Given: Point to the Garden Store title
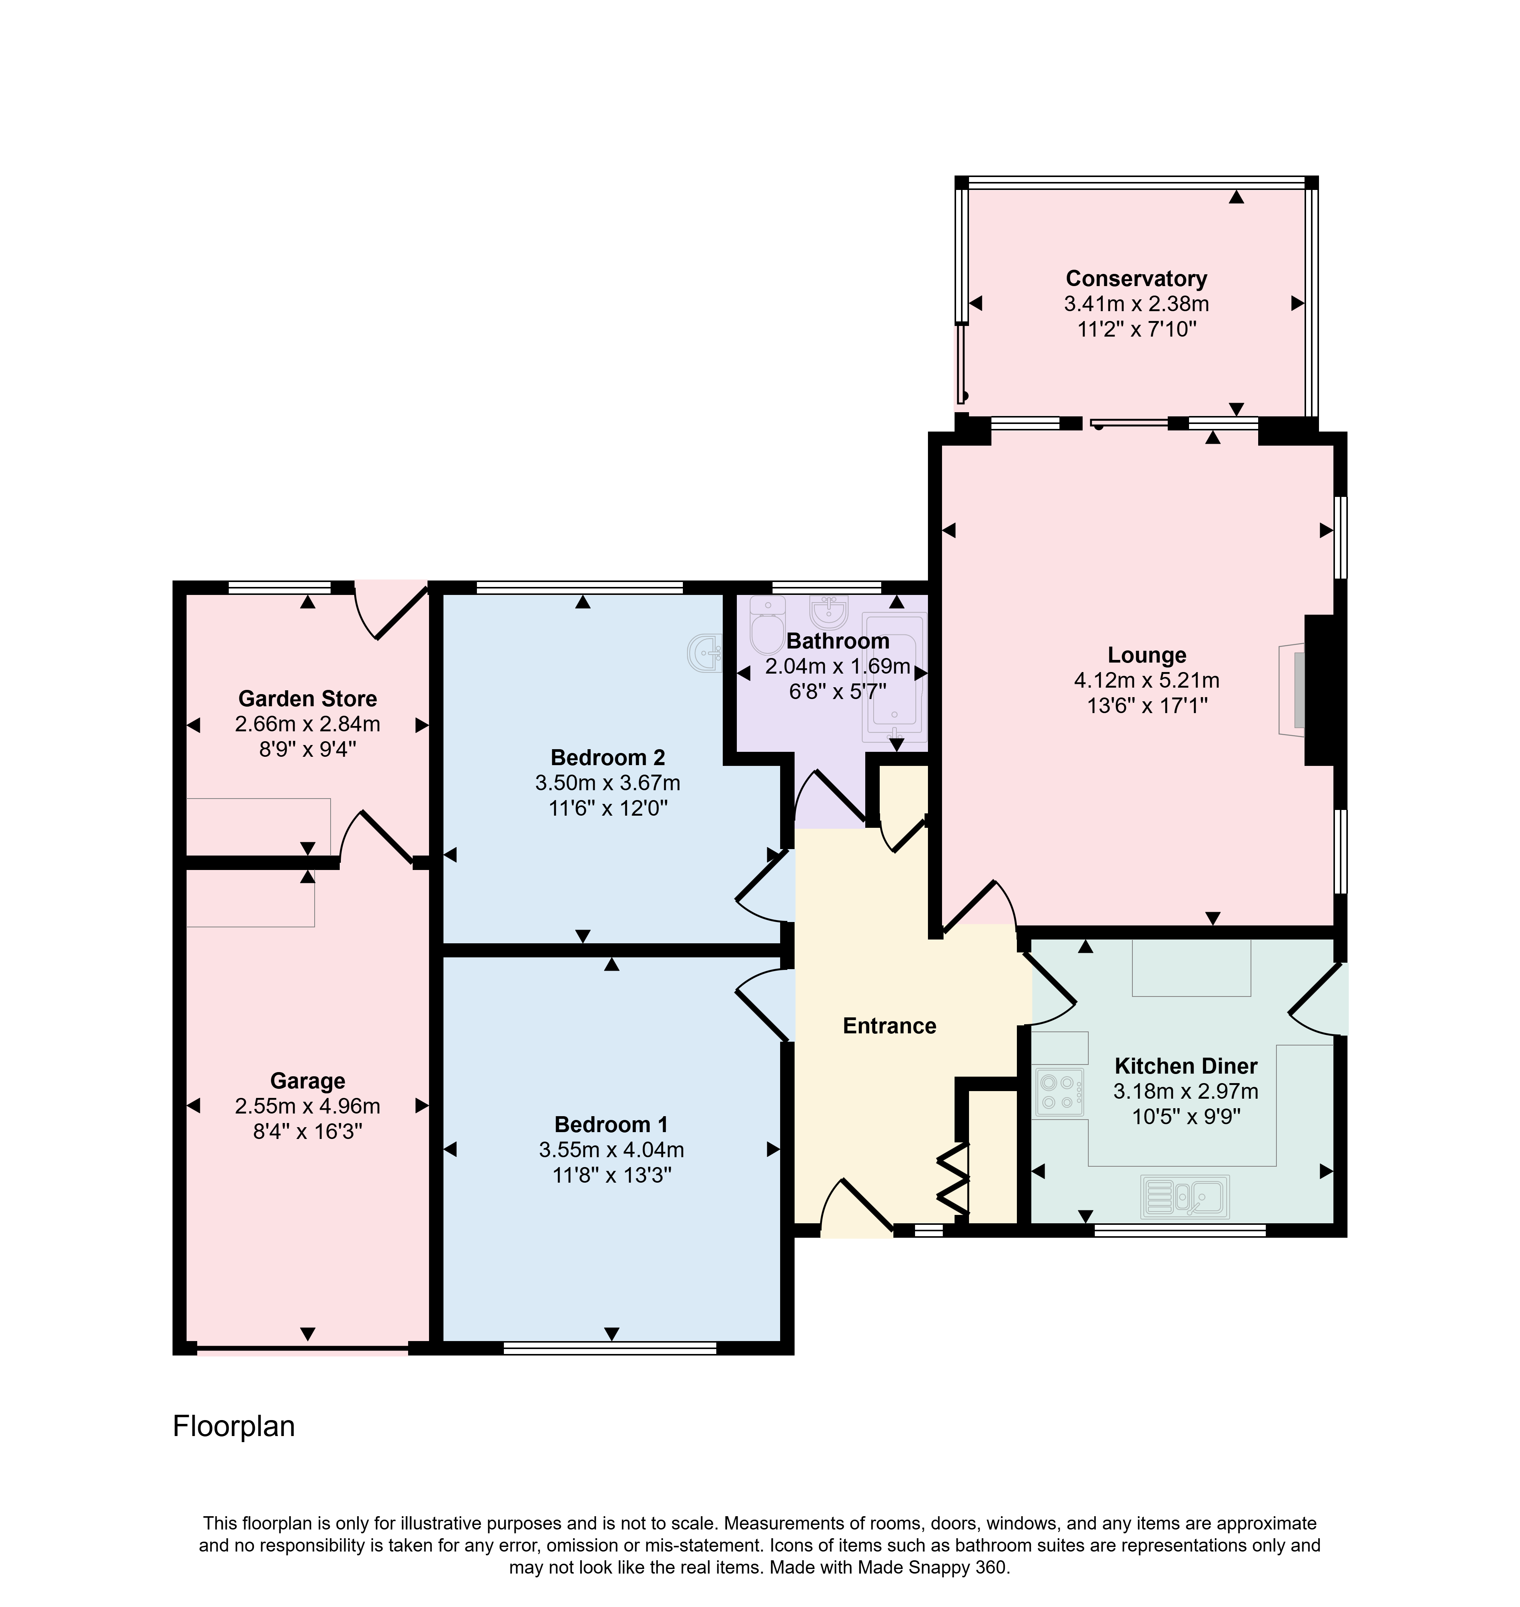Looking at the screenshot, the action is (308, 698).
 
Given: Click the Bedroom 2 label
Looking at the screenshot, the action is (608, 757).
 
